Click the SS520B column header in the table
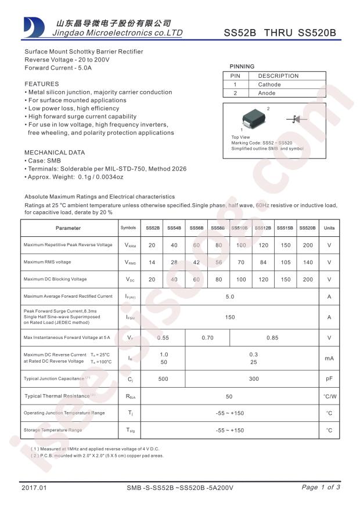click(307, 228)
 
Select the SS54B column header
click(174, 228)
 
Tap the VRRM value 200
click(307, 245)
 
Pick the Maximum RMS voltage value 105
click(285, 262)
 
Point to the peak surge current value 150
click(230, 317)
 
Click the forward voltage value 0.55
click(163, 338)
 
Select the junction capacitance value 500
click(163, 379)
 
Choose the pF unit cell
click(329, 379)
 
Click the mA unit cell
click(329, 358)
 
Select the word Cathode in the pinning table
click(269, 85)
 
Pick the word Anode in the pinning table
click(267, 93)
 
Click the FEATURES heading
click(41, 84)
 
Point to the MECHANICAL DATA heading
click(54, 153)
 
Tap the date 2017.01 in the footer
click(33, 488)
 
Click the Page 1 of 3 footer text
click(321, 487)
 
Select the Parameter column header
click(69, 228)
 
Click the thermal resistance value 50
click(230, 396)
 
